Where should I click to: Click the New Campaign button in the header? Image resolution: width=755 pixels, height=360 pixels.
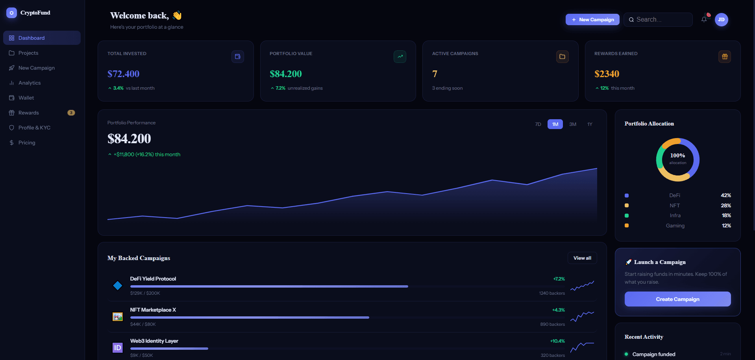click(592, 20)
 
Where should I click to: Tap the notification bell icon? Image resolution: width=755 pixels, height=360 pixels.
click(704, 20)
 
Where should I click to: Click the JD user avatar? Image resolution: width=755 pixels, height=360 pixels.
click(721, 20)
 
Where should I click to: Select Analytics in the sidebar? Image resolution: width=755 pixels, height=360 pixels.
click(30, 83)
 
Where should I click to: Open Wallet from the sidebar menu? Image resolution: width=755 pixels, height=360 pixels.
click(26, 98)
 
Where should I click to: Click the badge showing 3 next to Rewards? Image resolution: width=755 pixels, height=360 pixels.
click(71, 113)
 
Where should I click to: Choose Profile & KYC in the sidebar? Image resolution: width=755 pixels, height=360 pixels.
click(34, 128)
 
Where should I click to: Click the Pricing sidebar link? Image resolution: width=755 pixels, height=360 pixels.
click(27, 143)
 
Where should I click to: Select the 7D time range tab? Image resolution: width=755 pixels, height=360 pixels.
click(538, 124)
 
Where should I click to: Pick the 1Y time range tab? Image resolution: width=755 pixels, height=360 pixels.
click(589, 124)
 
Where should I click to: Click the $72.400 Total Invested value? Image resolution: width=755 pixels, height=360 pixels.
click(123, 74)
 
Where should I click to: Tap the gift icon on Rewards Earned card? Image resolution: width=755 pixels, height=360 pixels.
click(724, 57)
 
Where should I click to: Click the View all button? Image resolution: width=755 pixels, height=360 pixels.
click(582, 258)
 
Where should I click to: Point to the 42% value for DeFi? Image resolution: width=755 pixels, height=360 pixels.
click(725, 196)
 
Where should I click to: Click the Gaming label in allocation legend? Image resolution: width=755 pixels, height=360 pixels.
click(675, 226)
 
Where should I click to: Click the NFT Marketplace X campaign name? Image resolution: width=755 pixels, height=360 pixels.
click(153, 310)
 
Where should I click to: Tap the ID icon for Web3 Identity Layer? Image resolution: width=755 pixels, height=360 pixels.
click(117, 348)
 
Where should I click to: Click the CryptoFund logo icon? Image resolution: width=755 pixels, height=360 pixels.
click(11, 13)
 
